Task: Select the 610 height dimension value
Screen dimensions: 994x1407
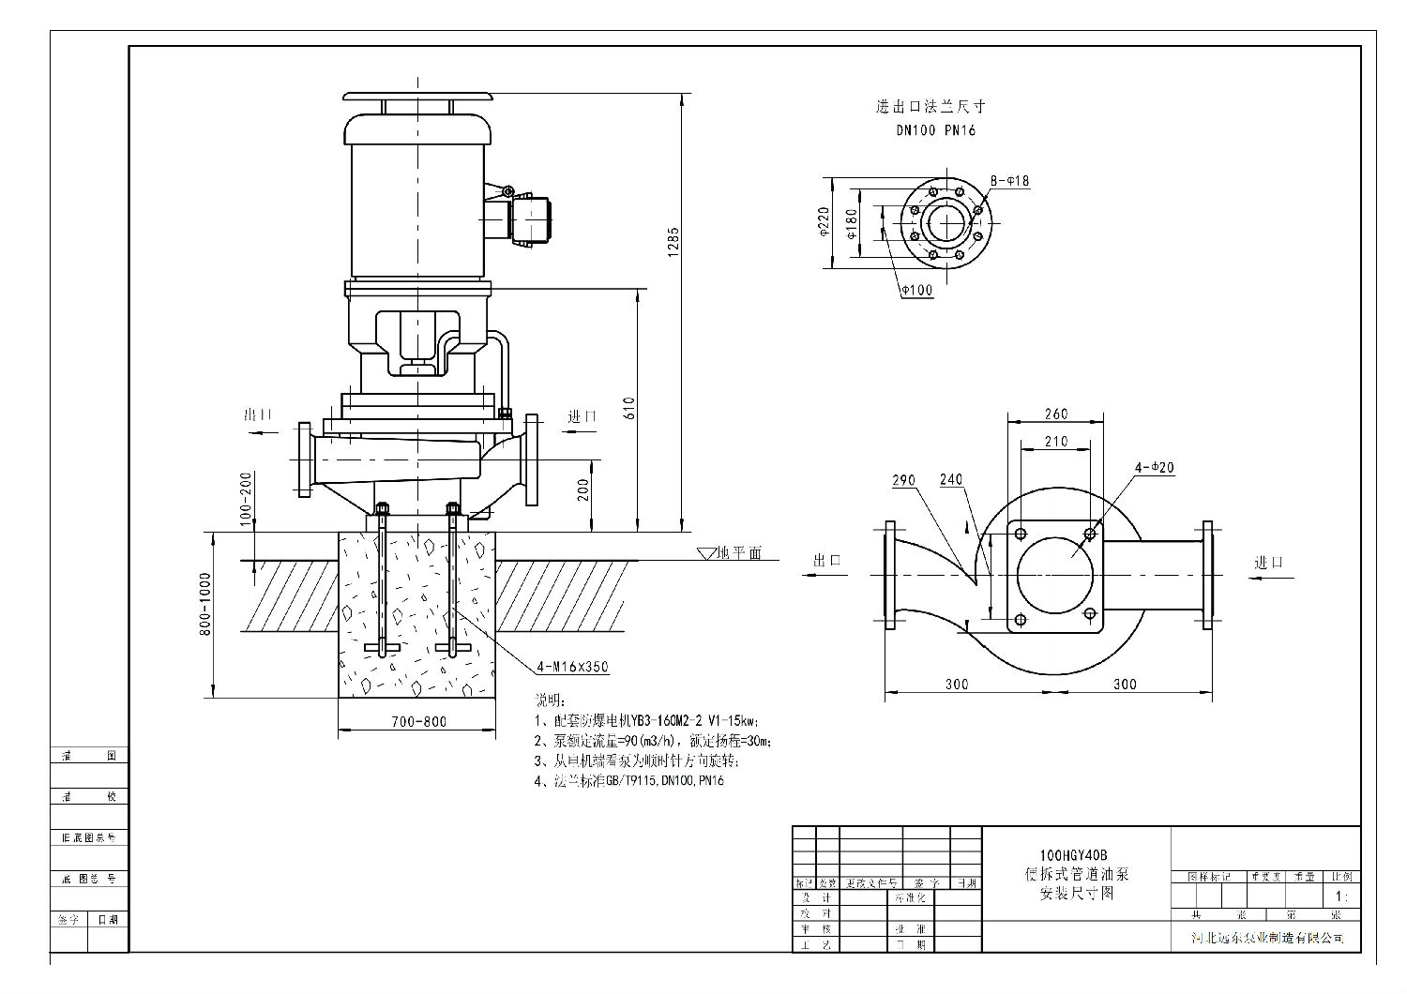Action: pyautogui.click(x=629, y=408)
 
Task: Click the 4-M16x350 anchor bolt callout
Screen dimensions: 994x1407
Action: pyautogui.click(x=572, y=668)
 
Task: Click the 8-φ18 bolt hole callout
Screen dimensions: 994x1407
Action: pyautogui.click(x=1009, y=181)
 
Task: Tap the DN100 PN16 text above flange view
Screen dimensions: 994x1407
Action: pyautogui.click(x=935, y=130)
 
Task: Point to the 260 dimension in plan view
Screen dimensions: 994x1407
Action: pyautogui.click(x=1055, y=414)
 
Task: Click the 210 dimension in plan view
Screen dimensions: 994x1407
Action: pyautogui.click(x=1055, y=441)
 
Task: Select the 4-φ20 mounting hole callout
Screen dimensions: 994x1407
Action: pyautogui.click(x=1155, y=467)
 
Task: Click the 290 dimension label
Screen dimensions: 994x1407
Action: pyautogui.click(x=903, y=480)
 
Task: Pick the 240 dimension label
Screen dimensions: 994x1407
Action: pyautogui.click(x=951, y=480)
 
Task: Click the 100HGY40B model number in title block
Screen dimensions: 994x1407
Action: pyautogui.click(x=1073, y=855)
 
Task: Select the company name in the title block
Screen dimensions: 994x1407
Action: pyautogui.click(x=1266, y=938)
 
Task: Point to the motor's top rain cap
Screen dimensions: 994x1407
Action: pyautogui.click(x=417, y=97)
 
